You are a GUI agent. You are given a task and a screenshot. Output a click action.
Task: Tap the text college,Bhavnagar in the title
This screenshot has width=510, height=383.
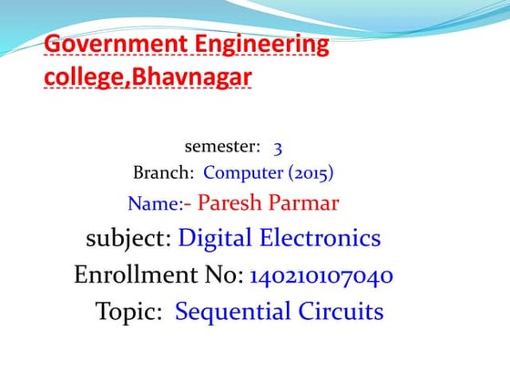[x=148, y=78]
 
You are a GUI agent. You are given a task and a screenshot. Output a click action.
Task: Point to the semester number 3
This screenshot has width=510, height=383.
[x=278, y=146]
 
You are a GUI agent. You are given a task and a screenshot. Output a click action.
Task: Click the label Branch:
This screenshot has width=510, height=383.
[x=164, y=172]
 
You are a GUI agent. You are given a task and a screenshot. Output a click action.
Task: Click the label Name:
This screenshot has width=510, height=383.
[x=156, y=203]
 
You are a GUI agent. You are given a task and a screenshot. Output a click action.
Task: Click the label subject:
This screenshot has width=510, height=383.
[x=128, y=239]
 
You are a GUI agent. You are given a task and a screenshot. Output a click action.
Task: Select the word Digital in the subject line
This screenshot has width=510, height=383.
[x=215, y=239]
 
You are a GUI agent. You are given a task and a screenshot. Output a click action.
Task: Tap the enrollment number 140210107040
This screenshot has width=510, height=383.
[x=321, y=275]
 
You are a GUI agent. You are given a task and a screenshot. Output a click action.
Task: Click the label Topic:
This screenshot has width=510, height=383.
[x=129, y=312]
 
